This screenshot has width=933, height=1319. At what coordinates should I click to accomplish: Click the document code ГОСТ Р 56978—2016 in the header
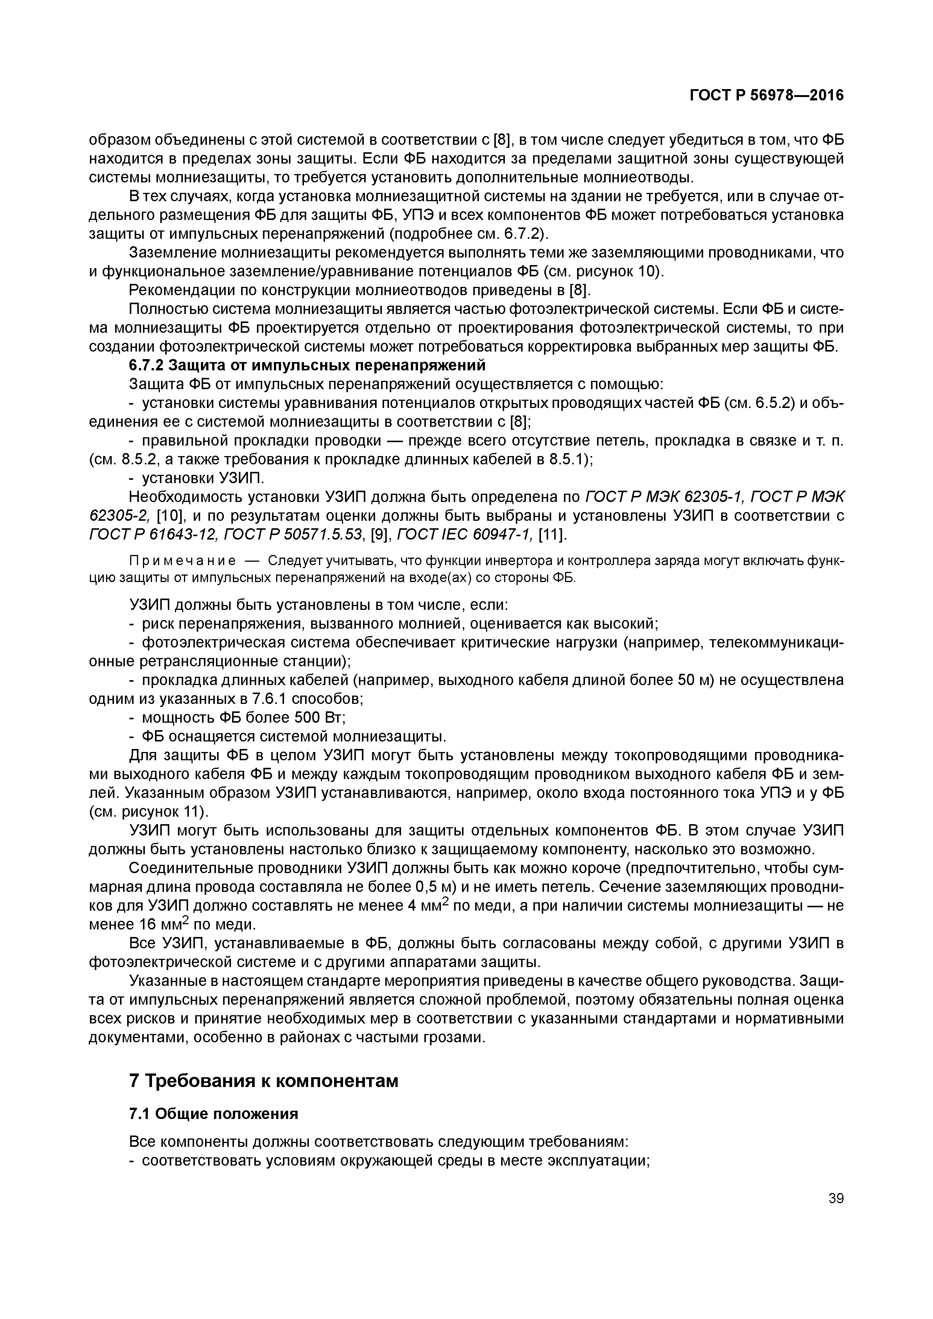(767, 96)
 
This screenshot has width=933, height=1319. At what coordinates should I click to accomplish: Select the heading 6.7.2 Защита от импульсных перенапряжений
(307, 365)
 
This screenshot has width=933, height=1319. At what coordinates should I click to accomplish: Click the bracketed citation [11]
(552, 535)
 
